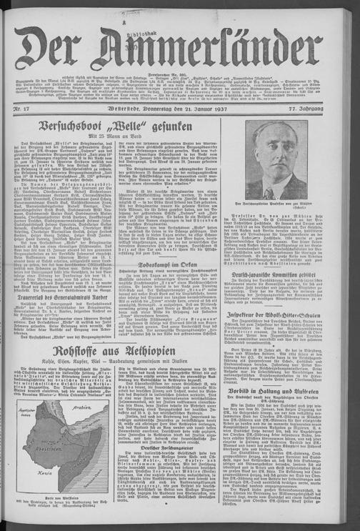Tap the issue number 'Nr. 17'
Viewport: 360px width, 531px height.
(23, 108)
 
